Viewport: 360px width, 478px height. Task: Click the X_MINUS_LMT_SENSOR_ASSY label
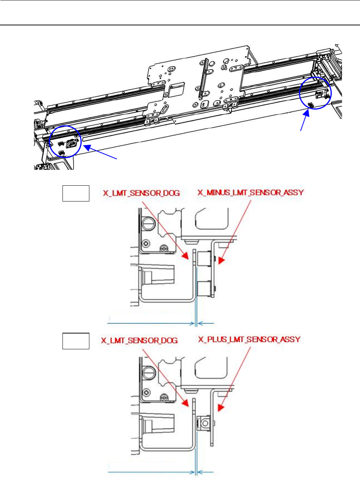click(x=251, y=192)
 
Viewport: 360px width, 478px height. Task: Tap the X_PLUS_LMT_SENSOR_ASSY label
click(x=249, y=339)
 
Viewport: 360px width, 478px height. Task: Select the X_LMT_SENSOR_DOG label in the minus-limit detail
click(x=141, y=193)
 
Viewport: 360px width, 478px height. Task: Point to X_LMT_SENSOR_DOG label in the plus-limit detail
click(x=139, y=340)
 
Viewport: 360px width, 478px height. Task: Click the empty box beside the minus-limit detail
click(x=76, y=193)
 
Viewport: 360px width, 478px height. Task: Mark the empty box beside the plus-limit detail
click(x=76, y=341)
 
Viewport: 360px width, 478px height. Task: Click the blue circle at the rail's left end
click(x=65, y=141)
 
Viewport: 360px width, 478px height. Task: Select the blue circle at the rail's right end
click(x=315, y=93)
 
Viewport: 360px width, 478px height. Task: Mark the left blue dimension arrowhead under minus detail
click(x=193, y=324)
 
